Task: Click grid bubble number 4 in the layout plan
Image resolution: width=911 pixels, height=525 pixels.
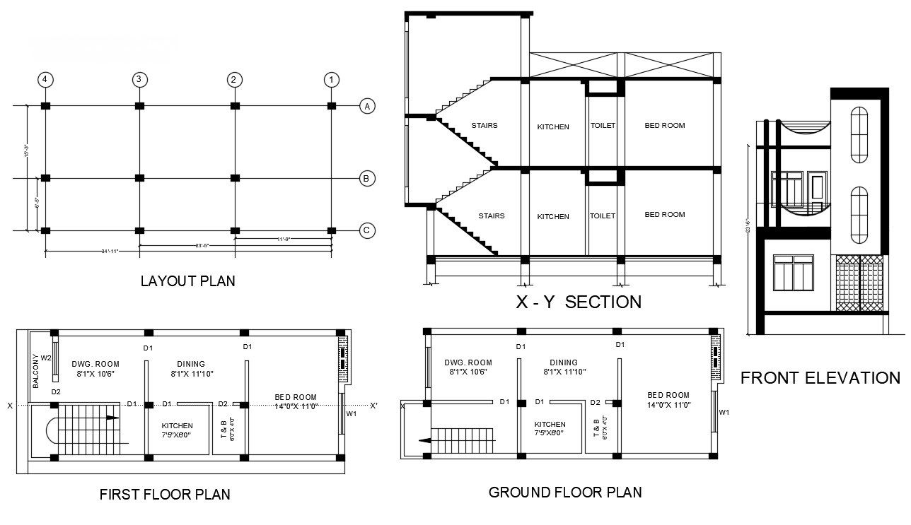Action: [45, 79]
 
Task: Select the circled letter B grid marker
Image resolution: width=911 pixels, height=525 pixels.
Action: [366, 178]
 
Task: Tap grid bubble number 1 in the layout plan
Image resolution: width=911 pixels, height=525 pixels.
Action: [330, 79]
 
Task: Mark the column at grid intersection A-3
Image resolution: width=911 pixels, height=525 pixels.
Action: [139, 106]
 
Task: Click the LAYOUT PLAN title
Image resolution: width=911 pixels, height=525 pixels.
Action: [187, 281]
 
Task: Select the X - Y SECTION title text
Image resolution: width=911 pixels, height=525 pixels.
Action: [579, 302]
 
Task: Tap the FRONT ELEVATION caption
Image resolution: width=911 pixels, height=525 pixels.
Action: [820, 378]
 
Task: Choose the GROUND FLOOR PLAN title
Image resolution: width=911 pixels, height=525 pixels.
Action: [565, 492]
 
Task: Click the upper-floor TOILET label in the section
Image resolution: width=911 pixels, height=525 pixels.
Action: [603, 126]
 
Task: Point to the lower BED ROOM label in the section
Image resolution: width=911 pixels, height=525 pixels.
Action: [664, 215]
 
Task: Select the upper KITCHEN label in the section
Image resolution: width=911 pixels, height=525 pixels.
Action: [552, 127]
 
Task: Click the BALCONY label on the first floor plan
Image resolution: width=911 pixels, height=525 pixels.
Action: [35, 371]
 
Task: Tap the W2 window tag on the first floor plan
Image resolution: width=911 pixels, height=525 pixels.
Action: [47, 358]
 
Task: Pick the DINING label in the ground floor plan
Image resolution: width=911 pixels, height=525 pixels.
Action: [563, 362]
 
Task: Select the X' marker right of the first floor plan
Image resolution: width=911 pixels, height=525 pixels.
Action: [373, 406]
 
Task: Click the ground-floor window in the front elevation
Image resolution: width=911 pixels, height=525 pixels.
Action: [793, 273]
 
